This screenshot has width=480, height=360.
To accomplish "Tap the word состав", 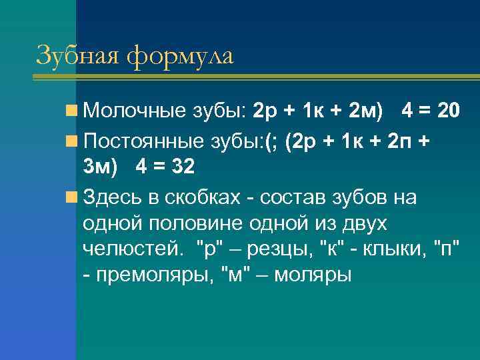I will [x=297, y=197].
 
